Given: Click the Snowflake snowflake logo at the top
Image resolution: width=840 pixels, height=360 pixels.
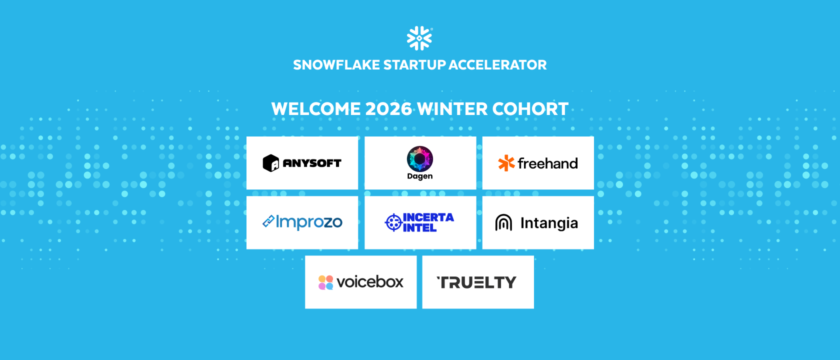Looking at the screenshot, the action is pyautogui.click(x=419, y=38).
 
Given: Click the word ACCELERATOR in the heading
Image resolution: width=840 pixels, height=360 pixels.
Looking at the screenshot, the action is pyautogui.click(x=497, y=65).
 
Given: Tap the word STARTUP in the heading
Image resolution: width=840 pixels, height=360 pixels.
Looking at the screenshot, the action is pyautogui.click(x=414, y=65).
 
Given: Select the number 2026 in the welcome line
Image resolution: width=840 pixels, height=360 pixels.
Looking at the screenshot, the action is pyautogui.click(x=388, y=109).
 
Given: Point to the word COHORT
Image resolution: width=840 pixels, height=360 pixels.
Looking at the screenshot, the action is pyautogui.click(x=530, y=109).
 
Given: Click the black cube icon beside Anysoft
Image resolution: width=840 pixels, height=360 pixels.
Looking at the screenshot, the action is pyautogui.click(x=271, y=163).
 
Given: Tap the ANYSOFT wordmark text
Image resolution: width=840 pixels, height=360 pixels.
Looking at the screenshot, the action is pyautogui.click(x=312, y=163).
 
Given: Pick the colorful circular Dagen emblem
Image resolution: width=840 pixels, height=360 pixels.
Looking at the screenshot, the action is pyautogui.click(x=420, y=159).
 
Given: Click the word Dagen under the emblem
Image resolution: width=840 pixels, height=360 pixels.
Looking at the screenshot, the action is pyautogui.click(x=420, y=176).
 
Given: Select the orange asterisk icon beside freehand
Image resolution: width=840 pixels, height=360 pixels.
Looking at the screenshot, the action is pyautogui.click(x=506, y=163).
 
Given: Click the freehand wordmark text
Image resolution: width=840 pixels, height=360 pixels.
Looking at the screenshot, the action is pyautogui.click(x=548, y=163).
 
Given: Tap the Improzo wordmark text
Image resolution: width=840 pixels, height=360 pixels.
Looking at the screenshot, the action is pyautogui.click(x=309, y=222).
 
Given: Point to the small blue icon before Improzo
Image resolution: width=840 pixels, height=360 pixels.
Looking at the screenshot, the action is pyautogui.click(x=268, y=221).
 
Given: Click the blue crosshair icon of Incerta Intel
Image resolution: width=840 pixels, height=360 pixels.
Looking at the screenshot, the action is pyautogui.click(x=393, y=223).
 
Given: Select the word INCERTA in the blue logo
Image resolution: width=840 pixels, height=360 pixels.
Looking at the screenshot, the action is pyautogui.click(x=428, y=217).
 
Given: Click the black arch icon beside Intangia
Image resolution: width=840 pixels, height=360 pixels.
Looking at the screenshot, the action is pyautogui.click(x=503, y=222).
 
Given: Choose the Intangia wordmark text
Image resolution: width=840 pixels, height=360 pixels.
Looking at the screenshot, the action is pyautogui.click(x=549, y=223).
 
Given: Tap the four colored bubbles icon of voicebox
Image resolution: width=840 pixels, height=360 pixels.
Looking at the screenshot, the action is pyautogui.click(x=326, y=282).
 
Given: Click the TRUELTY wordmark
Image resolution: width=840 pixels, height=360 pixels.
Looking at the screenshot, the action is pyautogui.click(x=476, y=282).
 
